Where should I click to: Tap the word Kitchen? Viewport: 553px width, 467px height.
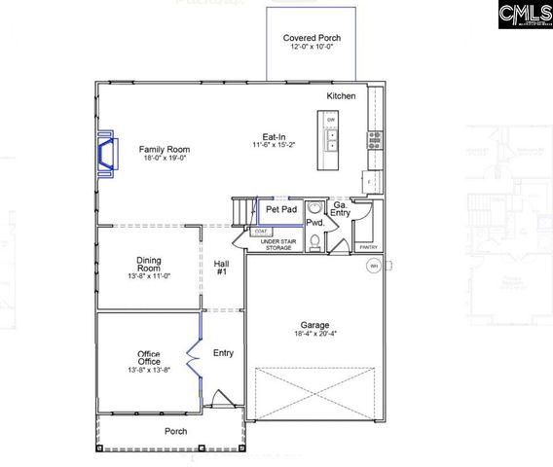(341, 96)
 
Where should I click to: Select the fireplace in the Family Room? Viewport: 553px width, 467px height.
(105, 156)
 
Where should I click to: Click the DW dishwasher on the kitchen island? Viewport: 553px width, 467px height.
(331, 121)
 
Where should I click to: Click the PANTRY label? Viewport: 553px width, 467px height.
(368, 247)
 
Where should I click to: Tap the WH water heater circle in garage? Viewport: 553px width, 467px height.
(373, 266)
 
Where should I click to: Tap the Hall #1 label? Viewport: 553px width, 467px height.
(222, 269)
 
